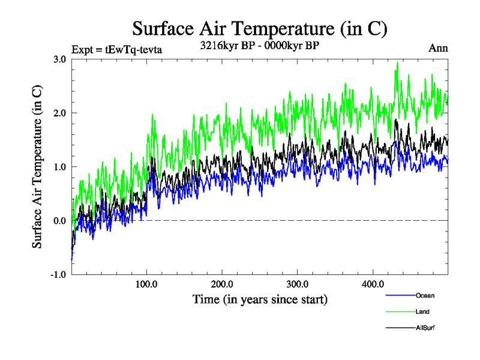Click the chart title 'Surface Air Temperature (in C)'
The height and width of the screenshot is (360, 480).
click(260, 28)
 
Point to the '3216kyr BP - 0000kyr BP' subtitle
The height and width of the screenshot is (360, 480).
click(259, 45)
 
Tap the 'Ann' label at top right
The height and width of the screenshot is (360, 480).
click(438, 48)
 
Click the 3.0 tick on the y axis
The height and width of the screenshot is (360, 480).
click(59, 59)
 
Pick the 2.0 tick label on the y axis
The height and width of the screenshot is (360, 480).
click(59, 113)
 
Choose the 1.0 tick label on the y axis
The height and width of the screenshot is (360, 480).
click(59, 167)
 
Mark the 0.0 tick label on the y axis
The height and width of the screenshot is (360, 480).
click(59, 221)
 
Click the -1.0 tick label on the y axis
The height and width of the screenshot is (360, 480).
click(58, 275)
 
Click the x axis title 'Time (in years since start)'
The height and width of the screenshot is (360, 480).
click(260, 299)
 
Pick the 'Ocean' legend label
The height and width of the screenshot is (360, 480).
click(425, 296)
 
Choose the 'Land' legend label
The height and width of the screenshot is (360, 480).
click(422, 312)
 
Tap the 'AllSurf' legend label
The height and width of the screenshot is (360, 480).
click(424, 328)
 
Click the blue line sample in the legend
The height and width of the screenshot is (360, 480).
click(399, 296)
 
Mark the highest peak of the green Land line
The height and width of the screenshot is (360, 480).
click(397, 62)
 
